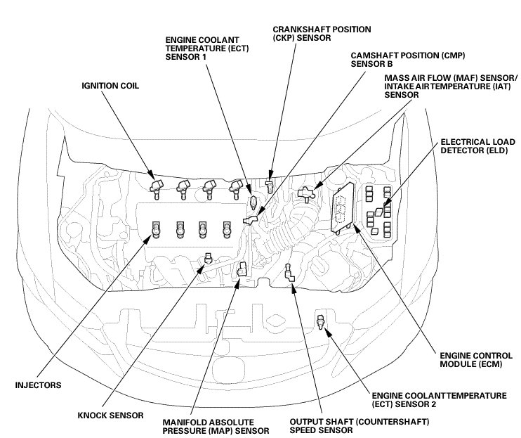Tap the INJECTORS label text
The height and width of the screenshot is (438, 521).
[39, 385]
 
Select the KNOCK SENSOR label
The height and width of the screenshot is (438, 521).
[111, 415]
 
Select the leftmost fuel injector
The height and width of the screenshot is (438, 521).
[155, 228]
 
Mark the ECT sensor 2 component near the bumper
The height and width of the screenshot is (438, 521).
[322, 322]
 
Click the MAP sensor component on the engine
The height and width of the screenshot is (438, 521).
[242, 269]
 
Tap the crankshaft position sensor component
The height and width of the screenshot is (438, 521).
[270, 186]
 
